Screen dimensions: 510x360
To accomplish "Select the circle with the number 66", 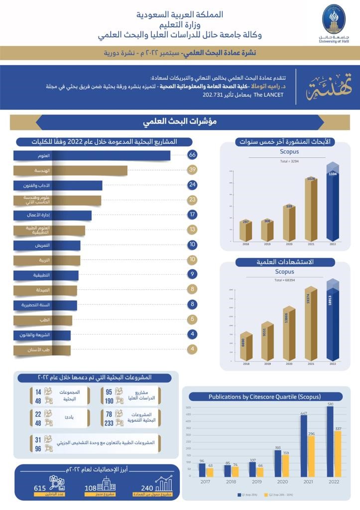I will (192, 155).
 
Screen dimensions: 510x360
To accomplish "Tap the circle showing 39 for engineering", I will (192, 170).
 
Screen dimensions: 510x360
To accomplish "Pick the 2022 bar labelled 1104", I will (332, 204).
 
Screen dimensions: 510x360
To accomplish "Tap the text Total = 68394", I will (285, 280).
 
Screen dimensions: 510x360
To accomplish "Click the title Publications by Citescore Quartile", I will (265, 397).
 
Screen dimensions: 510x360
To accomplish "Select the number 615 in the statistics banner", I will (40, 488).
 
